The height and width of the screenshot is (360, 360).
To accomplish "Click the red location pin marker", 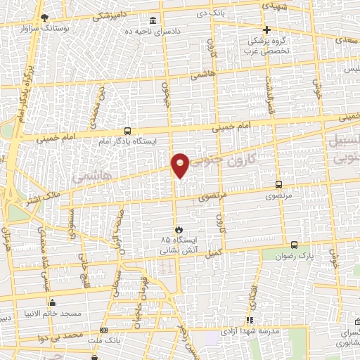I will click(181, 165).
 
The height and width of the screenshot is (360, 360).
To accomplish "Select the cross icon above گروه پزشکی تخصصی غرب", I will click(266, 30).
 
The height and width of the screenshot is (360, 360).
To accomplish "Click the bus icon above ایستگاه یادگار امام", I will click(127, 131).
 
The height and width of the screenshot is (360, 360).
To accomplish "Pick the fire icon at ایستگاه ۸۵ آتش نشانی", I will click(179, 229).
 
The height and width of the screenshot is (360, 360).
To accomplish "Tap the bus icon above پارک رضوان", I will click(294, 245).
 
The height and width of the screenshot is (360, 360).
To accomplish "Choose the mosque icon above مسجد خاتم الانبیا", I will click(52, 303).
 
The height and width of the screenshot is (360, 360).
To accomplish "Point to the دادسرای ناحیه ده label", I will click(148, 31).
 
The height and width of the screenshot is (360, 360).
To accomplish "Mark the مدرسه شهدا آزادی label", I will click(250, 330).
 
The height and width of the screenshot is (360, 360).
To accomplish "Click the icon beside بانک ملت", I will click(104, 330).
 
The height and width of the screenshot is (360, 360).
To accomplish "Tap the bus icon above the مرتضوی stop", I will click(280, 184).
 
